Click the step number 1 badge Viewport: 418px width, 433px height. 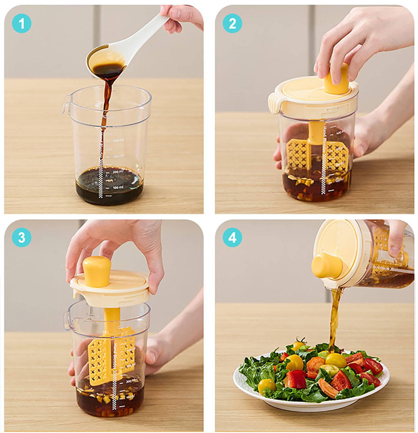pos(22,24)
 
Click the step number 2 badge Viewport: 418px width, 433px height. pos(232,24)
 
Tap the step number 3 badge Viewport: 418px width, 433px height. pos(22,237)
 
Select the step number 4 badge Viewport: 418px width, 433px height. pos(232,238)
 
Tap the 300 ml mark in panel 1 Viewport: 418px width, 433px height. pos(118,156)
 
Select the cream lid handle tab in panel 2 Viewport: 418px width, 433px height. pos(276,106)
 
